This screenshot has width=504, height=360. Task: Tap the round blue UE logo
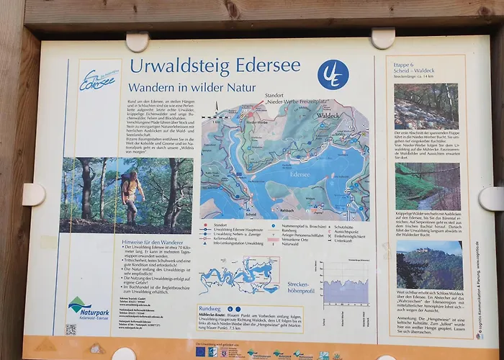pyautogui.click(x=333, y=74)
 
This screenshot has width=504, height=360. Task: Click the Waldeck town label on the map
pyautogui.click(x=328, y=115)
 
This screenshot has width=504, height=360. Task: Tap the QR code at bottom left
pyautogui.click(x=71, y=329)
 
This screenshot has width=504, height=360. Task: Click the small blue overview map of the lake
pyautogui.click(x=238, y=276)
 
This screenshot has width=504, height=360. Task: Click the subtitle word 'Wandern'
pyautogui.click(x=158, y=88)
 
